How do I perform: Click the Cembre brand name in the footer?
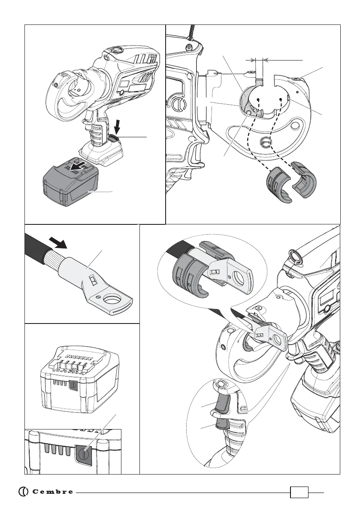coord(52,492)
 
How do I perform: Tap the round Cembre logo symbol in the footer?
coord(24,492)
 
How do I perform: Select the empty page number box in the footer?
coord(299,492)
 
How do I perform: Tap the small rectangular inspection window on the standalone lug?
coord(92,281)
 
